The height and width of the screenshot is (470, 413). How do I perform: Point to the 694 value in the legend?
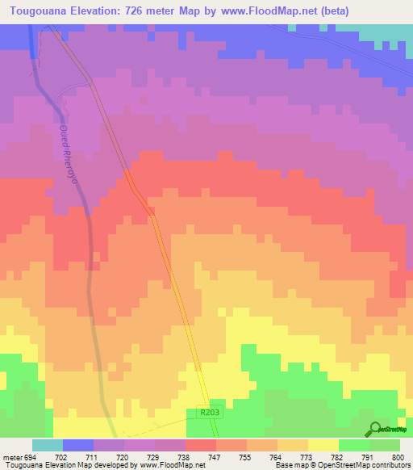(x=29, y=457)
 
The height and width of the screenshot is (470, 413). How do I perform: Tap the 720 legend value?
(x=122, y=457)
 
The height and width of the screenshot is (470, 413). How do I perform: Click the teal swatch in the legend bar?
(x=47, y=445)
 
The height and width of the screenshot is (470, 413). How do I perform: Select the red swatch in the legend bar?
(x=200, y=445)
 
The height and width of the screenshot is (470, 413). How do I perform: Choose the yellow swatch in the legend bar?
(x=323, y=445)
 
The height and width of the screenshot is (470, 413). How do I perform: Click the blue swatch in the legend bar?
(x=77, y=445)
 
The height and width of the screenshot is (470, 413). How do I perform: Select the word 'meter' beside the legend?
(x=11, y=457)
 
